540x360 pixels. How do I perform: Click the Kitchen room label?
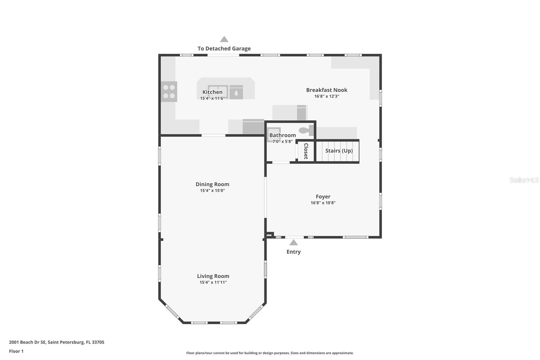click(212, 92)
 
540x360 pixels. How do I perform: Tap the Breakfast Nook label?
click(327, 90)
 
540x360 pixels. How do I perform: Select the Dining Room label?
click(212, 184)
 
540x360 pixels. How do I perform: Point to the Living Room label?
click(213, 276)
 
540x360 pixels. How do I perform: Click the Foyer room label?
click(323, 197)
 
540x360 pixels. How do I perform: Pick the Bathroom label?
click(282, 135)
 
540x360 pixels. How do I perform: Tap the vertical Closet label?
click(306, 151)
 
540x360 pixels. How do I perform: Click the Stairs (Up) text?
click(339, 151)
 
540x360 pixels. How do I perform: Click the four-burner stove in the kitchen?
click(169, 92)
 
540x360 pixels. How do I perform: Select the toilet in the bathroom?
click(306, 131)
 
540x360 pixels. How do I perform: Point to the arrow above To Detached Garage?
click(224, 39)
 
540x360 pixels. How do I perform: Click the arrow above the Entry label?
click(293, 242)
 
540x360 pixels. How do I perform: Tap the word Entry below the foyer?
click(294, 252)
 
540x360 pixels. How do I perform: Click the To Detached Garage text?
click(224, 49)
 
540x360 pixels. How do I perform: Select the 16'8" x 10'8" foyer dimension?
click(323, 203)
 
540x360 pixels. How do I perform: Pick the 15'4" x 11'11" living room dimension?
click(213, 282)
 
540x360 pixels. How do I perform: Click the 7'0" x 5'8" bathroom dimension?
click(282, 142)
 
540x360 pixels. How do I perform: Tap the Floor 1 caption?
click(17, 351)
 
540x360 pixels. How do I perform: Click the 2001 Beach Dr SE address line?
click(57, 342)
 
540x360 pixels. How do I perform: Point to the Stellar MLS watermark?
click(524, 180)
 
